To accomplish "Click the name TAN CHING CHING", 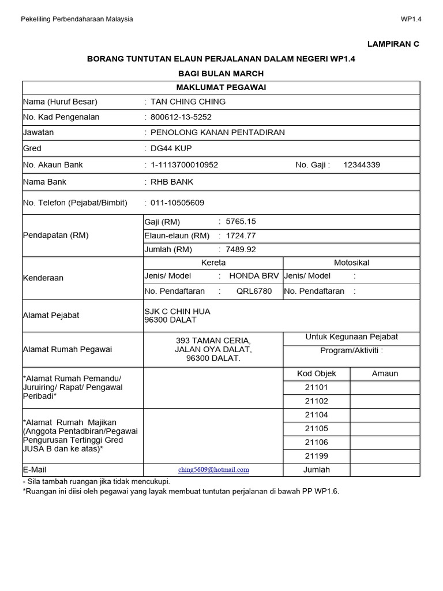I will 187,102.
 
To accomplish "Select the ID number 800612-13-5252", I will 181,117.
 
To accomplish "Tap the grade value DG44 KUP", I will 171,148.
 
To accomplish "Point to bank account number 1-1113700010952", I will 184,165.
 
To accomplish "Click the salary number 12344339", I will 362,165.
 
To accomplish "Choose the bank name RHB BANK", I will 172,182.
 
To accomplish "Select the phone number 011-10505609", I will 177,203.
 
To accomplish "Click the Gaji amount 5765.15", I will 242,222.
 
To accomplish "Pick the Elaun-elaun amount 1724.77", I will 242,235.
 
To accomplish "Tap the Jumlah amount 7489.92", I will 242,249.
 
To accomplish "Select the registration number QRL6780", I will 254,291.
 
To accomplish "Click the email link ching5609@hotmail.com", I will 213,470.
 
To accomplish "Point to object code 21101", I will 316,387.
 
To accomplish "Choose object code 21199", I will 316,456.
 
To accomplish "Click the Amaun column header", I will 385,373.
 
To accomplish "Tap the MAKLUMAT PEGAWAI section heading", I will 221,87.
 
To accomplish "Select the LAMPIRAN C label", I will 394,44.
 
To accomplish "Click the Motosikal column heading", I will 351,263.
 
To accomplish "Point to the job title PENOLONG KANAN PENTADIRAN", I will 217,132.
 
